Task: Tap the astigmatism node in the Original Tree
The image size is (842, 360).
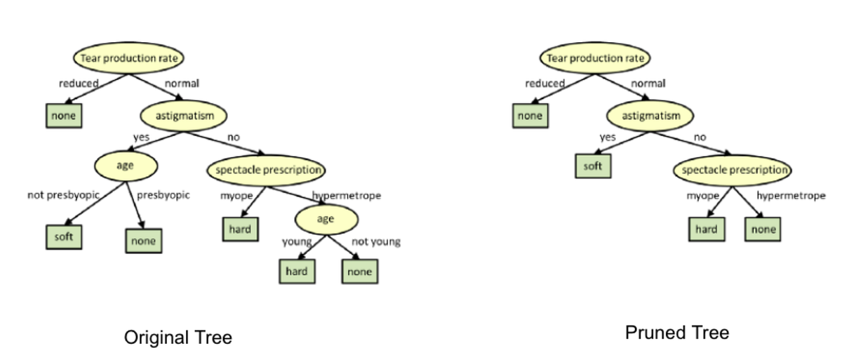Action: [184, 115]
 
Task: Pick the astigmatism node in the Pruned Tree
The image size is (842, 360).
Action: [650, 115]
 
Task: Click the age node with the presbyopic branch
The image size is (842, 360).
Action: [126, 166]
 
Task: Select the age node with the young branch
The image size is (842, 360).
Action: [326, 219]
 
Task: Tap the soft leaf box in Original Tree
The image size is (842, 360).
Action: [63, 237]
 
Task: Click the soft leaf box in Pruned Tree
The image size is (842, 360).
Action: [593, 166]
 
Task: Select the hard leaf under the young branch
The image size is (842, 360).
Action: [296, 272]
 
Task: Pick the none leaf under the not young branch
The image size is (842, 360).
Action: [360, 272]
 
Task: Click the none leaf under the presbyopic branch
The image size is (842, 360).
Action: [143, 241]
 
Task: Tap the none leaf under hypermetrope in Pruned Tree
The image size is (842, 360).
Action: [763, 229]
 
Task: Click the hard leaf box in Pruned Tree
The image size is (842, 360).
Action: [706, 229]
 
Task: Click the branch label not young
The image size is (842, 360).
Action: [376, 241]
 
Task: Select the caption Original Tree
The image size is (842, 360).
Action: [178, 338]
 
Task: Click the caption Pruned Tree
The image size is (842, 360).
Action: [676, 333]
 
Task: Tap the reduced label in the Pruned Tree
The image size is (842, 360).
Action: [544, 84]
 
